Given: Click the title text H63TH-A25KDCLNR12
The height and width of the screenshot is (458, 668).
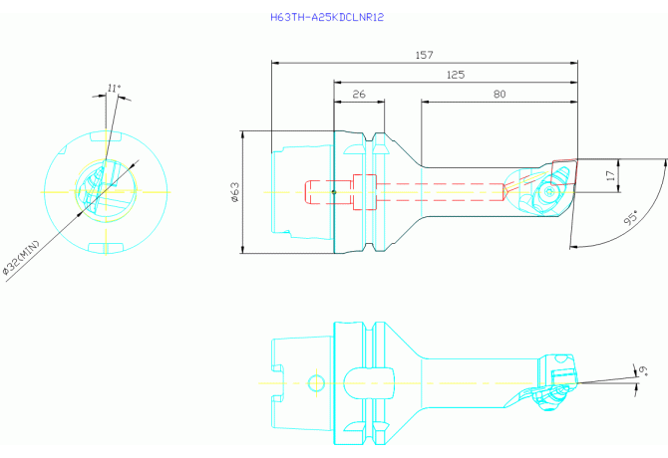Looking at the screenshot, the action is point(327,18).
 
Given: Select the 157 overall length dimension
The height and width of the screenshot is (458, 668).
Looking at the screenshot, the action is point(425,55).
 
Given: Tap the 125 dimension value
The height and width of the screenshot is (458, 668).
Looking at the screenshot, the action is point(456,75).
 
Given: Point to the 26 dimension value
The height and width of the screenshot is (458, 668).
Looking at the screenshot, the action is point(359,94).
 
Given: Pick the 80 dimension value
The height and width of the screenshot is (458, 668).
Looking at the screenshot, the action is point(500,94).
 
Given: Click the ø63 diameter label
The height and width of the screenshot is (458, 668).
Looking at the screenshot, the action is point(234,192).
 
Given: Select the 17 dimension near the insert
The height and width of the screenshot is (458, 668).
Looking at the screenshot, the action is point(611,175).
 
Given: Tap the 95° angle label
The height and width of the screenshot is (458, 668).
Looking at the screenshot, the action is point(632,218).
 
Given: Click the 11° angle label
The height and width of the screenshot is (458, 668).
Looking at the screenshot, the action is point(114,88).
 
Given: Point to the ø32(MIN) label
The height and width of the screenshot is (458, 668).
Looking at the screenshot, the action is point(21,258).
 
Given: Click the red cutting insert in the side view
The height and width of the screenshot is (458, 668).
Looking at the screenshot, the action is point(562,172).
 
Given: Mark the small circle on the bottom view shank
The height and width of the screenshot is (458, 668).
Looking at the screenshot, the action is point(316,382).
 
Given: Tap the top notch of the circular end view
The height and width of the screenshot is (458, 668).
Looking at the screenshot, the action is point(106,136).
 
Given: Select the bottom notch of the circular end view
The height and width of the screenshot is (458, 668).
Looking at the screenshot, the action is point(106,248).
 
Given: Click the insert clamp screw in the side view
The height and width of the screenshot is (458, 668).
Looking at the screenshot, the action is point(548,192).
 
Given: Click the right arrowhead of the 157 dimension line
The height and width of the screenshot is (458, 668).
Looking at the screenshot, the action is point(574,63).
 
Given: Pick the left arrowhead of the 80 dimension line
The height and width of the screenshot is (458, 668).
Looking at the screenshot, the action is point(425,103).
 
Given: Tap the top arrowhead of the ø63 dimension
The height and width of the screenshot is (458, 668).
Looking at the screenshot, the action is point(243,134).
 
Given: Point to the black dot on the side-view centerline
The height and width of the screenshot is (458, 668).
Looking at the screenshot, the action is point(334,192).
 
